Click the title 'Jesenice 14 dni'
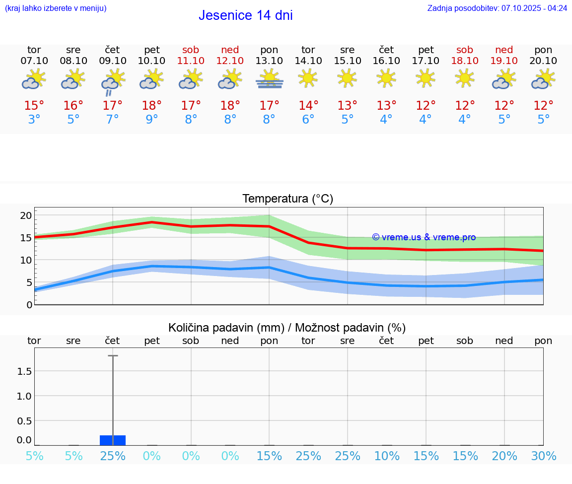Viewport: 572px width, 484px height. pyautogui.click(x=245, y=15)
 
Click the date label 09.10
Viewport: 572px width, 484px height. pyautogui.click(x=113, y=61)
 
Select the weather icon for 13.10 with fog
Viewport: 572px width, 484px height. pyautogui.click(x=269, y=79)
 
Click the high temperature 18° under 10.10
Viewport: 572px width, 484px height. pyautogui.click(x=152, y=105)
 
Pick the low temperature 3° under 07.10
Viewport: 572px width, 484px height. pyautogui.click(x=34, y=119)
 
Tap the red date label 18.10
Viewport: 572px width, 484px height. pyautogui.click(x=465, y=61)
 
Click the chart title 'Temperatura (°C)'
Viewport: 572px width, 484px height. pyautogui.click(x=287, y=199)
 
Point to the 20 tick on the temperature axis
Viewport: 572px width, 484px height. pyautogui.click(x=26, y=215)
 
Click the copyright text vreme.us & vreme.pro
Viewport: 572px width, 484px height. pyautogui.click(x=424, y=237)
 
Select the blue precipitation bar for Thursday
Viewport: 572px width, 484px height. pyautogui.click(x=113, y=440)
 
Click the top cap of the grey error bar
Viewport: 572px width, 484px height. pyautogui.click(x=113, y=356)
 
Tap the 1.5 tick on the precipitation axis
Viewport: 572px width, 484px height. pyautogui.click(x=24, y=371)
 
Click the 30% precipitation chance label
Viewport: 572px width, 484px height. pyautogui.click(x=543, y=456)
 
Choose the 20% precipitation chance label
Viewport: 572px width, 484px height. pyautogui.click(x=504, y=456)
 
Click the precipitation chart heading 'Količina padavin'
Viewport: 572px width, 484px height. pyautogui.click(x=287, y=328)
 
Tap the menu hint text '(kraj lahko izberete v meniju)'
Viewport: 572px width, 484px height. pyautogui.click(x=56, y=8)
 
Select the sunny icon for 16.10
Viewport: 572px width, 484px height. pyautogui.click(x=386, y=78)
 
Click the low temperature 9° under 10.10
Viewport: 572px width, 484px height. pyautogui.click(x=152, y=119)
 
